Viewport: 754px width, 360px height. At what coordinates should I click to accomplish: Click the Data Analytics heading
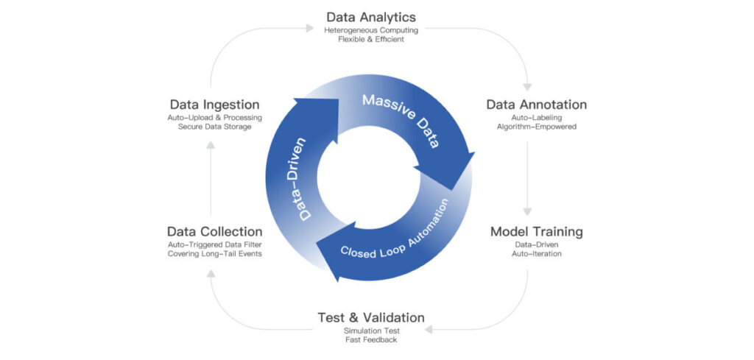pos(371,16)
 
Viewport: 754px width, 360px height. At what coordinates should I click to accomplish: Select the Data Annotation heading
pos(536,105)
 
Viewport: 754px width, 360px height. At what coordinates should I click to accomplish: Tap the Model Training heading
pos(536,232)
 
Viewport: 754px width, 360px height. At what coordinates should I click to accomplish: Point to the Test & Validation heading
pos(370,317)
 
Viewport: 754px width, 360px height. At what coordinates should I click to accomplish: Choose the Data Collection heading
pos(214,232)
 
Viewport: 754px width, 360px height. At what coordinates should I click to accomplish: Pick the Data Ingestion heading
pos(214,105)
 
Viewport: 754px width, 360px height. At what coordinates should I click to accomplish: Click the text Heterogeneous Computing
pos(371,30)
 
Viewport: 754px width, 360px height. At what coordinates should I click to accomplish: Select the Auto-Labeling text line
pos(536,118)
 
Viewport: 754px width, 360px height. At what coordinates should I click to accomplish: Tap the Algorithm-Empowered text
pos(536,127)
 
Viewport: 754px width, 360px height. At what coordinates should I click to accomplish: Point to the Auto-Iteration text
pos(536,254)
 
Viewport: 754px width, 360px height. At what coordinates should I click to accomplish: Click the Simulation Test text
pos(370,331)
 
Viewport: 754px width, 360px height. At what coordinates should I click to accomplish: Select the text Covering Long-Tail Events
pos(214,254)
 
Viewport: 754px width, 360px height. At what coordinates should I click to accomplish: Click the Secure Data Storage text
pos(214,127)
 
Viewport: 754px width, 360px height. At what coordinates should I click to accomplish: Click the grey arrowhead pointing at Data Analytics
pos(311,29)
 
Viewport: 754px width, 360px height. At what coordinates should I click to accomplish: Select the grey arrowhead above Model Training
pos(527,211)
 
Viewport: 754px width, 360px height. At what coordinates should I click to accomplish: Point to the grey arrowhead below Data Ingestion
pos(211,145)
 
